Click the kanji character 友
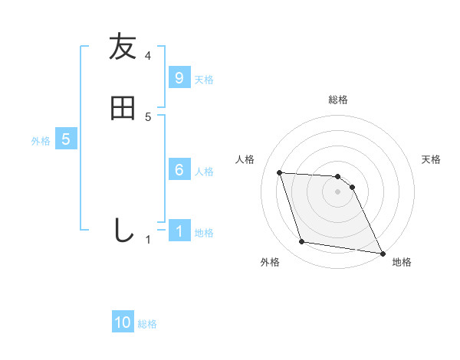pos(123,47)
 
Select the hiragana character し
pos(123,231)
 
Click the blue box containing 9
pos(179,78)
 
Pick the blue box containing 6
pos(179,170)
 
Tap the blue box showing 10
pos(123,323)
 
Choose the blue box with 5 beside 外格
pos(66,139)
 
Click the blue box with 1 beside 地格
pos(179,231)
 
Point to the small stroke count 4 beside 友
pos(148,56)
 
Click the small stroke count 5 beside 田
pos(148,117)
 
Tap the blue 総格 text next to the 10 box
pos(147,324)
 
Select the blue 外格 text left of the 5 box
pos(41,141)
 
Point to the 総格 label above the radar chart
pos(338,100)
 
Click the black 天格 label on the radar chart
pos(431,159)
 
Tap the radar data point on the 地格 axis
pos(381,253)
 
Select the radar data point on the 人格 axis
pos(280,172)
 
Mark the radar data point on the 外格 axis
pos(302,242)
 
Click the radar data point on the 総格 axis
pos(337,176)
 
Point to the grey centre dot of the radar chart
pos(338,193)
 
